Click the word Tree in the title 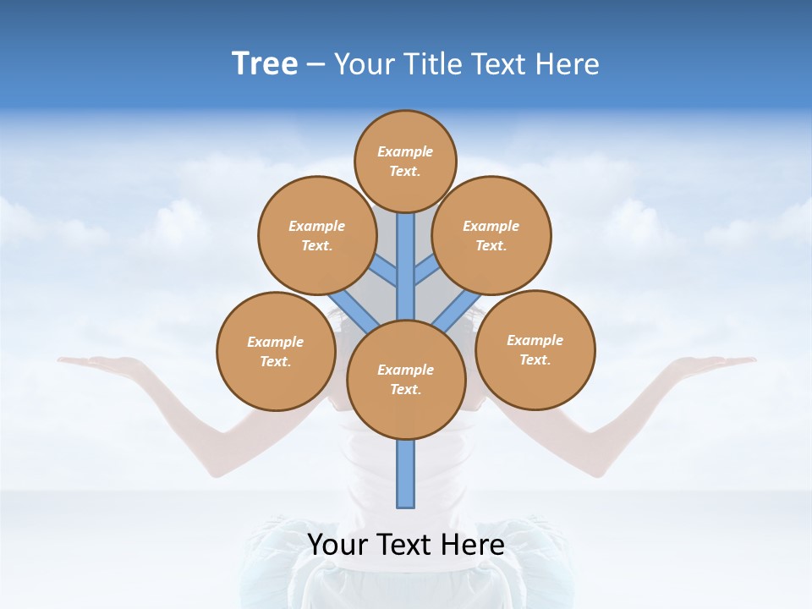[265, 64]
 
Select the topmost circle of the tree [405, 161]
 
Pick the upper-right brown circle [491, 235]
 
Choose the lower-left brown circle [276, 351]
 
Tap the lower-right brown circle [535, 349]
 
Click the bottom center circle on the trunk [406, 379]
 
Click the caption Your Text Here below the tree [406, 545]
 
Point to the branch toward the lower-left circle [354, 310]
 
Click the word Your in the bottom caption [336, 545]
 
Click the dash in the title [315, 64]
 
